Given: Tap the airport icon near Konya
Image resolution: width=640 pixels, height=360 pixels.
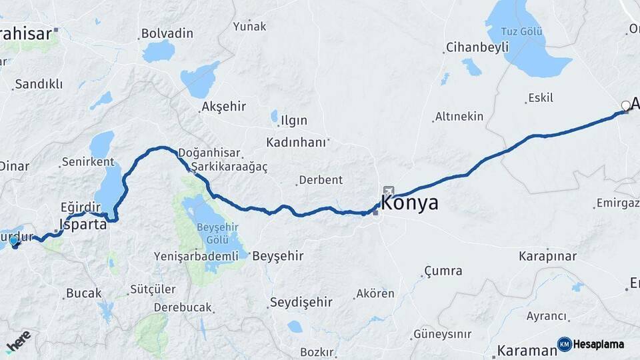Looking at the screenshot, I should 388,190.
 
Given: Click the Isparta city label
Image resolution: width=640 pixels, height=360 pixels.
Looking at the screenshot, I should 83,224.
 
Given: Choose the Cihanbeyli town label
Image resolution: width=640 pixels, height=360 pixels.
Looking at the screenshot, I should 476,47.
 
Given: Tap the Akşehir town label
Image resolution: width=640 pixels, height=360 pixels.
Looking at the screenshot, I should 223,107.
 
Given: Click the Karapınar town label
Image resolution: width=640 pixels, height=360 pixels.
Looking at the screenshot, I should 547,256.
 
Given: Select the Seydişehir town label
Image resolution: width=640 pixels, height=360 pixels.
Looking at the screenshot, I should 301,303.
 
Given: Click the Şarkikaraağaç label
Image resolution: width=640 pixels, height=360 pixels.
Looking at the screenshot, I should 229,167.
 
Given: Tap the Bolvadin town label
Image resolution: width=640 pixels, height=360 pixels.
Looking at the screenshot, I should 167,33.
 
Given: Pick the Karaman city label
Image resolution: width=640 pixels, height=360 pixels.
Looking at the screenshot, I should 527,351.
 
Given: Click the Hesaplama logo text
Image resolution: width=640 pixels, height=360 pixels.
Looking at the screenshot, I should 599,345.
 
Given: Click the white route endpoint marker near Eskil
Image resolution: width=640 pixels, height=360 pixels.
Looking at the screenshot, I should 625,105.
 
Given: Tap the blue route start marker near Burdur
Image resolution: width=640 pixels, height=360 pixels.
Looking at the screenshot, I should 14,241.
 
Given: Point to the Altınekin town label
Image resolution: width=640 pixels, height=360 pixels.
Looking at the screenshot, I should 459,117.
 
